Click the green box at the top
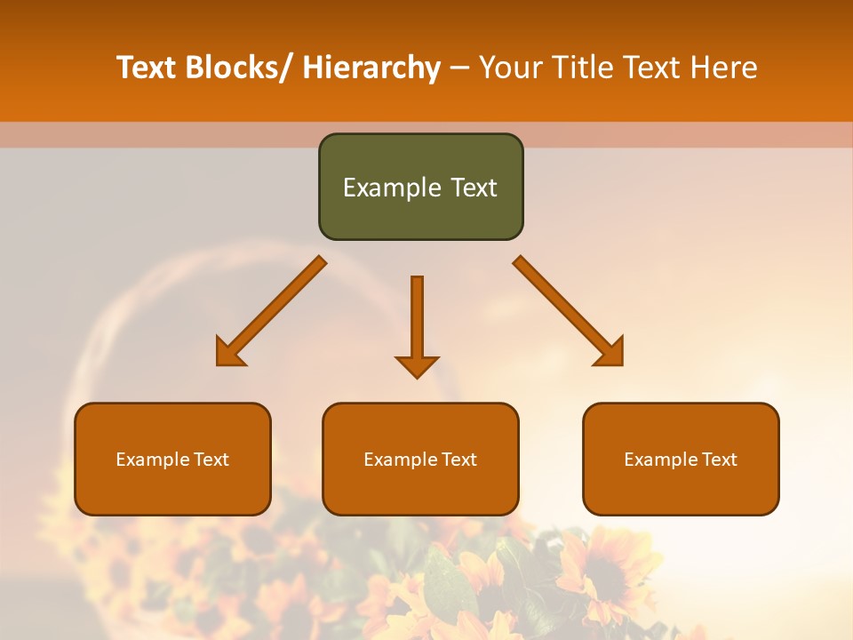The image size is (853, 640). pos(420,187)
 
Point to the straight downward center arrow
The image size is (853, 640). pos(417,325)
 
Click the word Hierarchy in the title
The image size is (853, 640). pos(371,68)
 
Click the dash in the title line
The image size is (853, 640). pos(459,68)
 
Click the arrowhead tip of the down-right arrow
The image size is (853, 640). pos(621,364)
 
